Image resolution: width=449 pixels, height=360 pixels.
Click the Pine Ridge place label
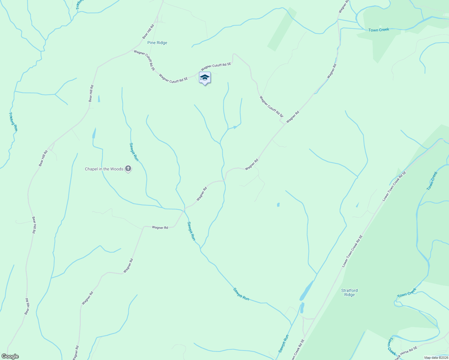pyautogui.click(x=157, y=43)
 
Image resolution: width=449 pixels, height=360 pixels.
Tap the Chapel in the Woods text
pyautogui.click(x=104, y=169)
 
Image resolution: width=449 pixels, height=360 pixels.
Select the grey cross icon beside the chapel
pyautogui.click(x=128, y=169)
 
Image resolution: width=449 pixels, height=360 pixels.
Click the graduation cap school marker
pyautogui.click(x=205, y=78)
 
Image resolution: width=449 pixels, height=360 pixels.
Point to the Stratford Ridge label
pyautogui.click(x=349, y=292)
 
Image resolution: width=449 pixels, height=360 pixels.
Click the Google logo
pyautogui.click(x=10, y=356)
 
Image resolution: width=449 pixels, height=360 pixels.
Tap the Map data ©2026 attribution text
pyautogui.click(x=435, y=358)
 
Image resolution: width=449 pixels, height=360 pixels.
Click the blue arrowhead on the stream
pyautogui.click(x=236, y=127)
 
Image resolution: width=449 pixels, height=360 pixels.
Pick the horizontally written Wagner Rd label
pyautogui.click(x=160, y=228)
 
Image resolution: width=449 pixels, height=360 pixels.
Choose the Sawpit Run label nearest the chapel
pyautogui.click(x=134, y=152)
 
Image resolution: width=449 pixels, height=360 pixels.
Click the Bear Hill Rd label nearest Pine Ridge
pyautogui.click(x=148, y=31)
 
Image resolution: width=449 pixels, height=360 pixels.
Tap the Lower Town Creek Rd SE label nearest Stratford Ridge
pyautogui.click(x=352, y=251)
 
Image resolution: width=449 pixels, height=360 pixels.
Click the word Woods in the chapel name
pyautogui.click(x=117, y=169)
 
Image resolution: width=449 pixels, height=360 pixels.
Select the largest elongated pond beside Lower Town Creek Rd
pyautogui.click(x=306, y=291)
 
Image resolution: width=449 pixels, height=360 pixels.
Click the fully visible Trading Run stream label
pyautogui.click(x=14, y=121)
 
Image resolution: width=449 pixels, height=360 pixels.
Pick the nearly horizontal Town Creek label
pyautogui.click(x=379, y=30)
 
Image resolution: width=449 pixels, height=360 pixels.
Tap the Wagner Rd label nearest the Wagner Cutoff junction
pyautogui.click(x=293, y=117)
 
